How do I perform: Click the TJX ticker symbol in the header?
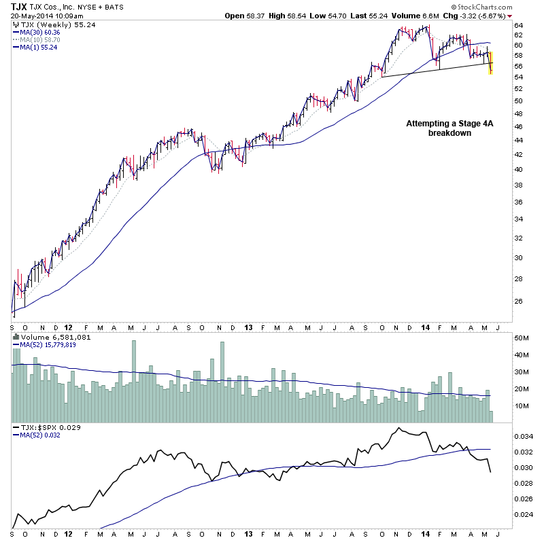tap(19, 7)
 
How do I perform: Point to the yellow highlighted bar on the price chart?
tap(491, 63)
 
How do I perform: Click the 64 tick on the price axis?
tap(517, 24)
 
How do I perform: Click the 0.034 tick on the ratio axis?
tap(522, 436)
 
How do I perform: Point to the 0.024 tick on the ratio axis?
tap(522, 515)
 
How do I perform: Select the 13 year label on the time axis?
tap(248, 326)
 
